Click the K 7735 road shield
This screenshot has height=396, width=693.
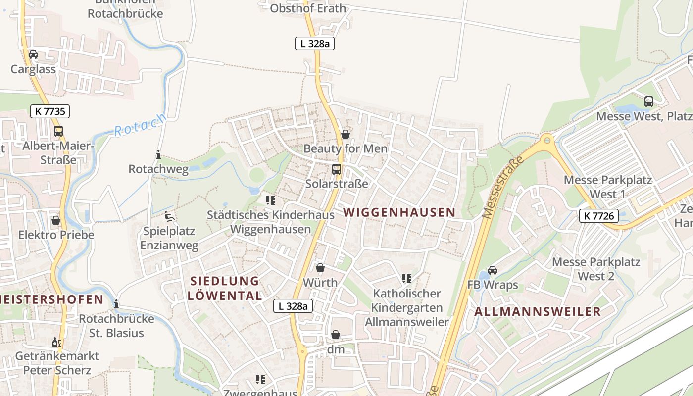[50, 111]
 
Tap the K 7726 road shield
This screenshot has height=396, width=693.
[598, 216]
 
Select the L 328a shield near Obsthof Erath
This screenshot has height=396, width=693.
[315, 44]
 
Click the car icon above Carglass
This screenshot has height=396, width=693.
[33, 54]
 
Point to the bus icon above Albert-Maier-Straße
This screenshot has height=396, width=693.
[58, 131]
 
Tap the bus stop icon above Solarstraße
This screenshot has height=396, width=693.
[337, 169]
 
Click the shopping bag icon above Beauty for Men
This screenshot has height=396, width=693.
[346, 134]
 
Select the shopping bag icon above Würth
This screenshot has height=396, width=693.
[320, 268]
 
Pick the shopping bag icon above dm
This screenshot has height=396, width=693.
[336, 335]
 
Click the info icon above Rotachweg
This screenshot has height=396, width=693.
[158, 155]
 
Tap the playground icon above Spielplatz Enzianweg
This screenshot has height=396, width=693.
[169, 216]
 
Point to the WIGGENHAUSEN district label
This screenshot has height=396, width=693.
[399, 212]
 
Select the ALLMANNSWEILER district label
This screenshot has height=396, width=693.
[538, 312]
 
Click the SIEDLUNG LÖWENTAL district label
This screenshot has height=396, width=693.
[226, 289]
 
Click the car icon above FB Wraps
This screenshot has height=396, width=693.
[493, 270]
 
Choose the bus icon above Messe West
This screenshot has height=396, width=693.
[649, 101]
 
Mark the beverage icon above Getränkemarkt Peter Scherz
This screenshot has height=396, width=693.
[57, 342]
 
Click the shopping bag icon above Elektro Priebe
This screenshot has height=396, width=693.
[56, 220]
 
